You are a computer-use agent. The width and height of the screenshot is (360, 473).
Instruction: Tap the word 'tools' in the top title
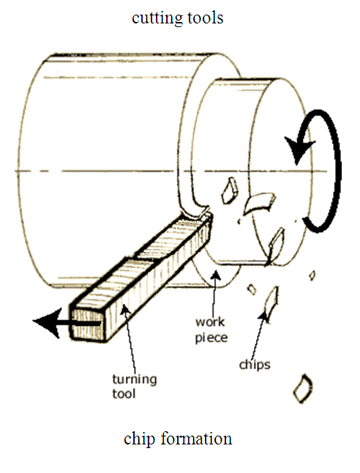206,18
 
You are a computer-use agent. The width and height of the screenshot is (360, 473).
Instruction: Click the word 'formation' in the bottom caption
196,438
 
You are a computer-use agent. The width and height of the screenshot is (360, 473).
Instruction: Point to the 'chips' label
255,365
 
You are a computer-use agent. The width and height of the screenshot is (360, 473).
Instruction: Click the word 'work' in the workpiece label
210,322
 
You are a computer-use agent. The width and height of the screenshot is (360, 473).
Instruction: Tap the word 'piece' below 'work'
211,338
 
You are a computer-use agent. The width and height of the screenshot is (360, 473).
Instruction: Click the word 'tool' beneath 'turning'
124,394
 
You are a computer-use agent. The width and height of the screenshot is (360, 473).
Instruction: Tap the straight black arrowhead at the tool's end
48,322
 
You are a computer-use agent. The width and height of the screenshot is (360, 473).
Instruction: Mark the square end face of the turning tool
89,324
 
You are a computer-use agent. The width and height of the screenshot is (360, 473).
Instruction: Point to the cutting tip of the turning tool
209,215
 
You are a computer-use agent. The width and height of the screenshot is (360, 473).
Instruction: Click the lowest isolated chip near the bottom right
303,389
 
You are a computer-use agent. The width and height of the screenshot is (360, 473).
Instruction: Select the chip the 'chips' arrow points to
271,303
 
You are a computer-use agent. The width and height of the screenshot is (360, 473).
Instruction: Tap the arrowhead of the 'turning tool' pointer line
125,309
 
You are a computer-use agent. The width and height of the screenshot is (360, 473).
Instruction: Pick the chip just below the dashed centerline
229,190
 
